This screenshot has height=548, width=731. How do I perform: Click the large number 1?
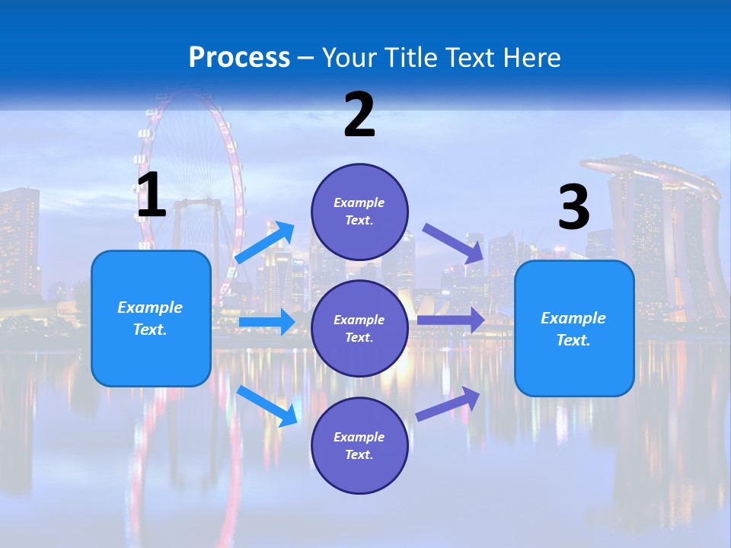(x=152, y=195)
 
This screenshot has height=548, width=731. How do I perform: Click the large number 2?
(x=359, y=115)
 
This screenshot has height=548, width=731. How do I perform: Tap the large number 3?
(x=573, y=207)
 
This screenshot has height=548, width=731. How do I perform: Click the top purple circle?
(x=359, y=212)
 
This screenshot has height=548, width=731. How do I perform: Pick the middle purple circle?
(x=359, y=329)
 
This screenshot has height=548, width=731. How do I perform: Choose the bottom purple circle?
(x=359, y=445)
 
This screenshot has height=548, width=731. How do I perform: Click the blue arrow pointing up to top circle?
(x=266, y=243)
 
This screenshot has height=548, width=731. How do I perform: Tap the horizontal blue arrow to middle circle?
(x=267, y=322)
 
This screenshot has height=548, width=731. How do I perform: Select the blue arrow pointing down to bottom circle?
(x=267, y=406)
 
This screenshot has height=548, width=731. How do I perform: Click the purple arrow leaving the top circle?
(x=454, y=243)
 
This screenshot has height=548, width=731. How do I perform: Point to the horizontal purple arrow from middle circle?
(x=451, y=320)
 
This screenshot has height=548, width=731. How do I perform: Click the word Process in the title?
(x=239, y=57)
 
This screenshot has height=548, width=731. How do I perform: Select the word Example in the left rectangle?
(x=150, y=307)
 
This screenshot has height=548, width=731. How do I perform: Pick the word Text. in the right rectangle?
(x=573, y=340)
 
